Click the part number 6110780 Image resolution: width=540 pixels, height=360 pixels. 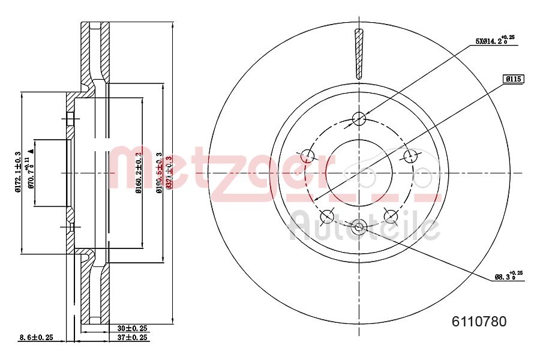478,322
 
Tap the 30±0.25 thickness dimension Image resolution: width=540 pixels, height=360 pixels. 131,328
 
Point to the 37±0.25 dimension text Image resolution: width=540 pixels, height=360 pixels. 131,338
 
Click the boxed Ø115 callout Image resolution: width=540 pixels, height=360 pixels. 514,79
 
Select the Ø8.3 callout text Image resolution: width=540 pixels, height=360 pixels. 508,276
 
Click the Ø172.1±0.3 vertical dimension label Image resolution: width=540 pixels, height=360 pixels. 18,172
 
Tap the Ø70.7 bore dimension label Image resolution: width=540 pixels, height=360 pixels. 28,172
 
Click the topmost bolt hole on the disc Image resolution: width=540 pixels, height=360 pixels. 359,118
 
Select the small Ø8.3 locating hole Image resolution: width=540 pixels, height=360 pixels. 359,227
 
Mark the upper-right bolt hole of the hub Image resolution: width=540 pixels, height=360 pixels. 411,156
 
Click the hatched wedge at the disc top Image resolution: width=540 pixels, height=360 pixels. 359,54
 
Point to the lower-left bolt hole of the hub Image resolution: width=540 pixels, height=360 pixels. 328,216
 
